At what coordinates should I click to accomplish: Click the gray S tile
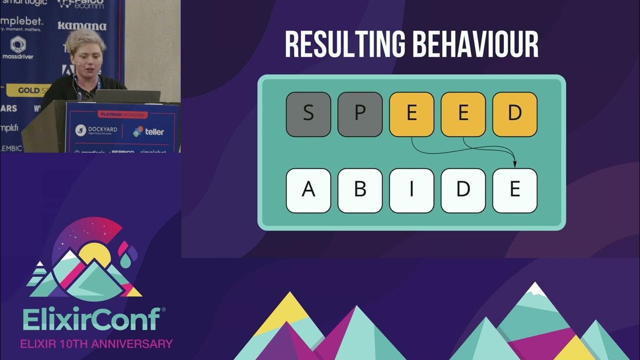(308, 114)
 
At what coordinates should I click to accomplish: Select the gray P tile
(360, 114)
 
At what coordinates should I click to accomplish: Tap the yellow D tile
(514, 114)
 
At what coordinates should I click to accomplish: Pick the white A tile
(308, 190)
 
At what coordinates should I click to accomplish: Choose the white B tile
(360, 190)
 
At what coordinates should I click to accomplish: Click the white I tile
(411, 190)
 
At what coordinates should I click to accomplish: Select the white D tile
(463, 190)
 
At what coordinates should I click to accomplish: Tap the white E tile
(514, 190)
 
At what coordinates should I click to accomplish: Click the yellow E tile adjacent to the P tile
(411, 114)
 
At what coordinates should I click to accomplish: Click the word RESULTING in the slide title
(345, 45)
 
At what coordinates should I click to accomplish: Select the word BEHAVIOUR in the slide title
(475, 45)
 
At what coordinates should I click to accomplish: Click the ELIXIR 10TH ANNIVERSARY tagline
(96, 344)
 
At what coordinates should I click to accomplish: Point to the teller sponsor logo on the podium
(148, 131)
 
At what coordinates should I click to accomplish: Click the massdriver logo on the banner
(18, 48)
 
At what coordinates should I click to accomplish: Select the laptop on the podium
(128, 96)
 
